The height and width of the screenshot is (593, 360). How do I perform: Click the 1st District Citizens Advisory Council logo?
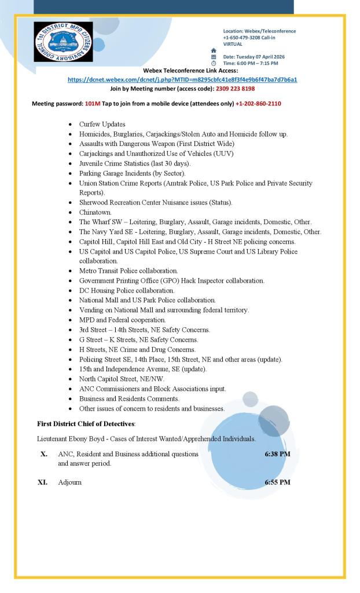click(63, 42)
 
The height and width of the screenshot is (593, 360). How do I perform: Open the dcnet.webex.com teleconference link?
click(182, 79)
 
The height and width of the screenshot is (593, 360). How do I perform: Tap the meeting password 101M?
click(93, 103)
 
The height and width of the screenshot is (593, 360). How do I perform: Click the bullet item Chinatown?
click(95, 213)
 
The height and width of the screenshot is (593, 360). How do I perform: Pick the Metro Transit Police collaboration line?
click(128, 270)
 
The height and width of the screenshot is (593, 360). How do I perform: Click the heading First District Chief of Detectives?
click(86, 424)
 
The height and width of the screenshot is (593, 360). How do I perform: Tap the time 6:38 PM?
click(277, 454)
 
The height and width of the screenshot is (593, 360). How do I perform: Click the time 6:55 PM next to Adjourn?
click(277, 482)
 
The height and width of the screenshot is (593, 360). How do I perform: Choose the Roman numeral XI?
click(42, 482)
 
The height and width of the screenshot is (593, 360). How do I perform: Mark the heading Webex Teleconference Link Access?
click(182, 71)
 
